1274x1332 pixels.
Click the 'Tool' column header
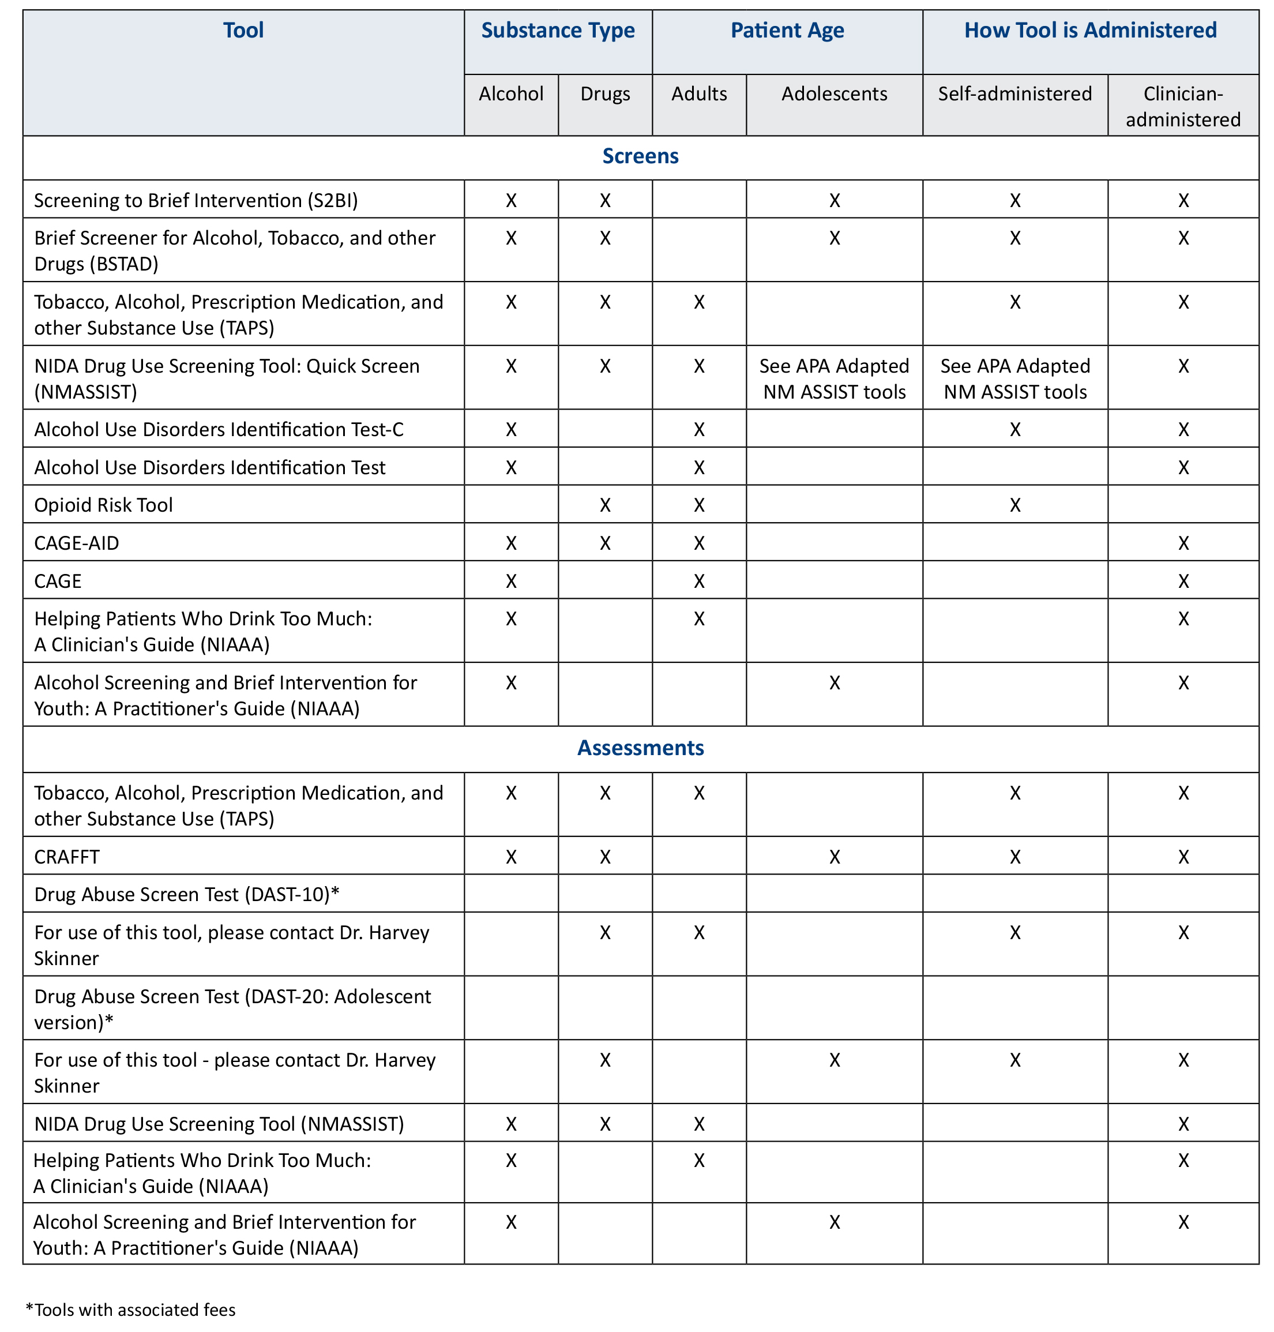point(243,31)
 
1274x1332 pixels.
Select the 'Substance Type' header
point(558,31)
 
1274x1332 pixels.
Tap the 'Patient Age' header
point(787,31)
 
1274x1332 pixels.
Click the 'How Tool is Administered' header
point(1090,31)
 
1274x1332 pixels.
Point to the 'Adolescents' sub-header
point(834,93)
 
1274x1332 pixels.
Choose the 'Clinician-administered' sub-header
point(1183,106)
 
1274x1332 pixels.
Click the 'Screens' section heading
point(640,156)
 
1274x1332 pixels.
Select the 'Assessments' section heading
point(640,748)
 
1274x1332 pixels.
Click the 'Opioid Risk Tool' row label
point(103,505)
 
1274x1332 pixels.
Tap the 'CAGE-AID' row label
point(77,543)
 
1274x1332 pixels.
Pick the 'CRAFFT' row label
point(66,857)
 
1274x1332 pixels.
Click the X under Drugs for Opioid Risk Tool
point(605,505)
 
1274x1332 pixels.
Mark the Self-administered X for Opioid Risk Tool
point(1014,505)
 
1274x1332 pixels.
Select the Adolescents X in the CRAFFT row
point(835,857)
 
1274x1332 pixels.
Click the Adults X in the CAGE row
point(699,581)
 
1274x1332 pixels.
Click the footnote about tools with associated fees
point(130,1310)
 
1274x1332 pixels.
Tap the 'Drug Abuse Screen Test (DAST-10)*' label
point(187,895)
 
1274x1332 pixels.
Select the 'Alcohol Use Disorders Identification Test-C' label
point(219,430)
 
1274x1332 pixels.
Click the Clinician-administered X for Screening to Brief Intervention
point(1183,200)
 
